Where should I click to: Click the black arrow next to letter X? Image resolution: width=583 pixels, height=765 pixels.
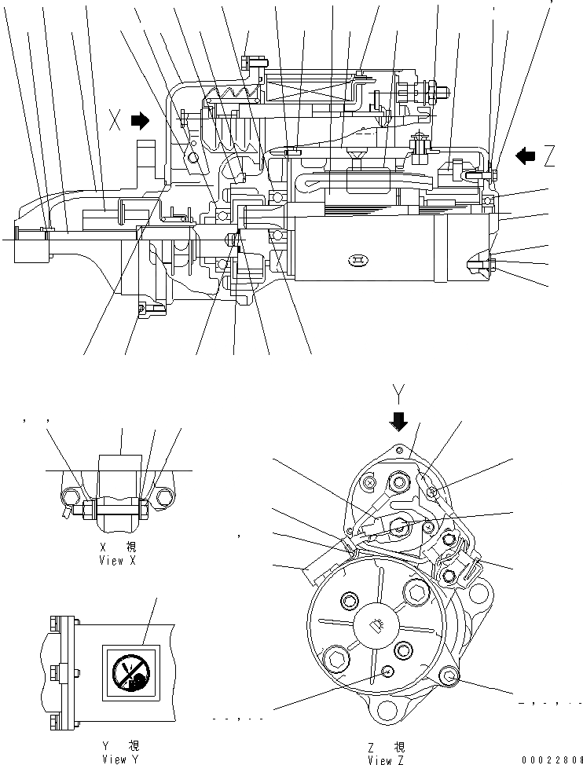pos(141,120)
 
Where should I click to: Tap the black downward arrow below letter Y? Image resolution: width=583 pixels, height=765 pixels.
pos(399,422)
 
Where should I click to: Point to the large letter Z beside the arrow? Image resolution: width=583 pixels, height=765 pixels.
pos(549,156)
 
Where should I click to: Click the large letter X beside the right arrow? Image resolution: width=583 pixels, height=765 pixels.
pos(115,120)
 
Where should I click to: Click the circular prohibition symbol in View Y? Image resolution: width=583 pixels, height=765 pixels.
pos(128,673)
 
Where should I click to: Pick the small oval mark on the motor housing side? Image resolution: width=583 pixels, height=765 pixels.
pos(358,259)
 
